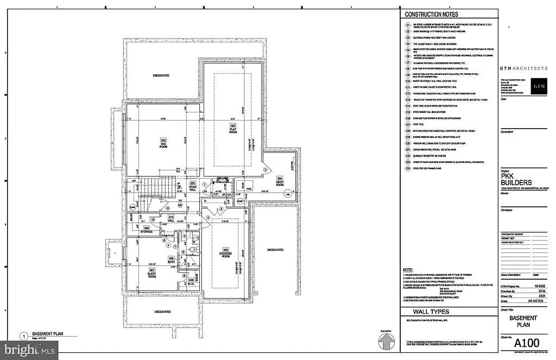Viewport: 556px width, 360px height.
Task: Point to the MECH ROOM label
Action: pos(280,181)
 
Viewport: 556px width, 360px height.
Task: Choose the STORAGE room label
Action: pos(147,230)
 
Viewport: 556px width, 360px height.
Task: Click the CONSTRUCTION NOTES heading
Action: pos(432,14)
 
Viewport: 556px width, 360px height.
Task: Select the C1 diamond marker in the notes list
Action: pos(407,25)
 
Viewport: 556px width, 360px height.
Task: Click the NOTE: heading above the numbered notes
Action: pos(408,270)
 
